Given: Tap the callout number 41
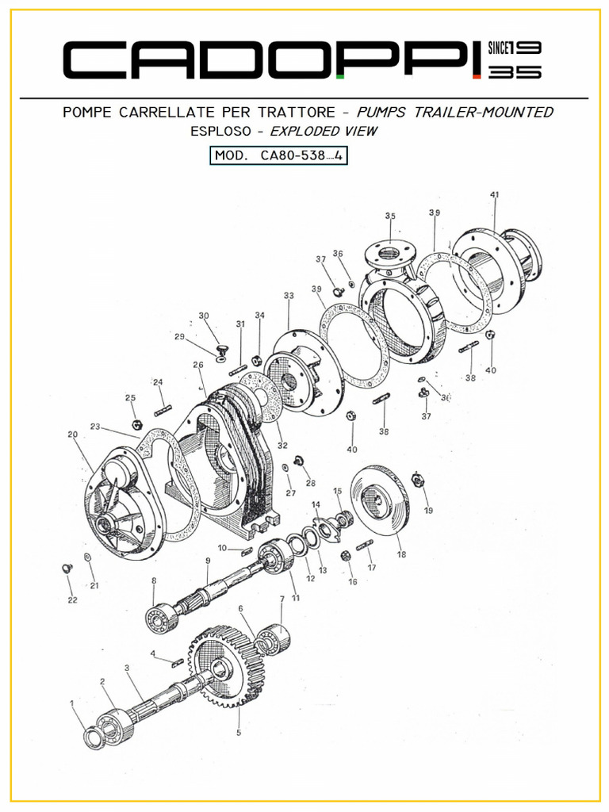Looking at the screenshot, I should [494, 195].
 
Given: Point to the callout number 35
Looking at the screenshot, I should [390, 216].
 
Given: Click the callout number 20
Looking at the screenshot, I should [72, 435].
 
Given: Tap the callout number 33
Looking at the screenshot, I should [289, 296].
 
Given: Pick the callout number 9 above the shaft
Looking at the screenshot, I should [208, 561].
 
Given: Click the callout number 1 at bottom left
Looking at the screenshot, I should [72, 703].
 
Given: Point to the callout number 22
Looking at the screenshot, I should [72, 600].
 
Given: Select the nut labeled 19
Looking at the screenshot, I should [419, 480].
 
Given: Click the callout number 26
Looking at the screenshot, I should [197, 366].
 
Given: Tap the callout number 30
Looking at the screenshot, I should [204, 316].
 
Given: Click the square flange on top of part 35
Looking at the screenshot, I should [389, 253].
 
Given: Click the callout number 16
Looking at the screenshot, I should [352, 582].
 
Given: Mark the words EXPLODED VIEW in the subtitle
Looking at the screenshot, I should [324, 132].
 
